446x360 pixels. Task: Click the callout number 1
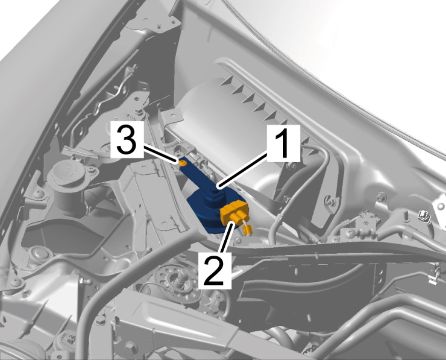(x=283, y=143)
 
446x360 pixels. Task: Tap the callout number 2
(x=215, y=270)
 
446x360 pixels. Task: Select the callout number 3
(x=127, y=140)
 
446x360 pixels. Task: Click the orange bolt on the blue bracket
(x=183, y=163)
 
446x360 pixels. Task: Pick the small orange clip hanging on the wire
(x=248, y=229)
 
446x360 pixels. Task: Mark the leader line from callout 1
(x=242, y=170)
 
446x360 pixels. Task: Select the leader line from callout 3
(x=161, y=154)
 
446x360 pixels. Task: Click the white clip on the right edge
(x=424, y=217)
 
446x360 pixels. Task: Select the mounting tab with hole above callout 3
(x=170, y=116)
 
